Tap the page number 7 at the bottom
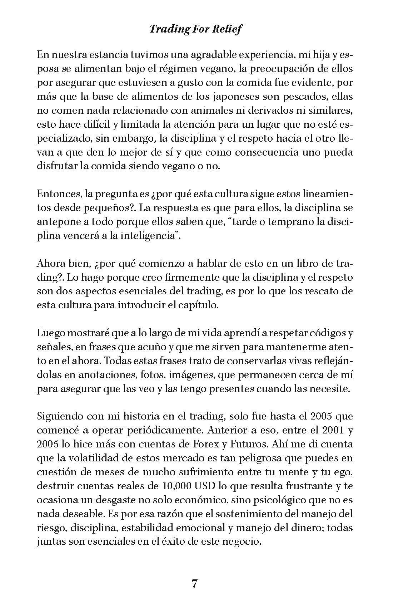[x=195, y=584]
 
